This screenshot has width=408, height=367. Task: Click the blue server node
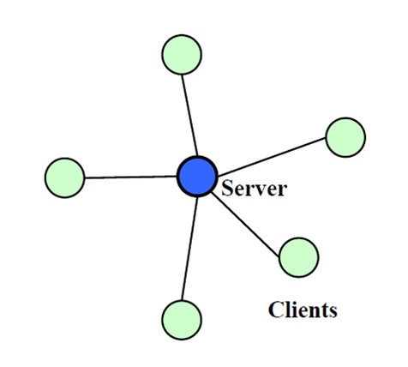pos(197,177)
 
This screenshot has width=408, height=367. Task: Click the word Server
pos(254,188)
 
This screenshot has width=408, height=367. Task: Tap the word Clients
pos(303,310)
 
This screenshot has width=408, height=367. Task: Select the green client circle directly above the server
pos(182,55)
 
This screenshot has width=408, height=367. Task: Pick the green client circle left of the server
pos(65,177)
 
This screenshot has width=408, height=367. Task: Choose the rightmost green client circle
pos(345,137)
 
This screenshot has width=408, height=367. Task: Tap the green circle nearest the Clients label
pos(298,257)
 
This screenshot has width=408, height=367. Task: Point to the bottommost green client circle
pos(182,320)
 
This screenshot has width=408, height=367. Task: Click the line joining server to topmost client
pos(189,116)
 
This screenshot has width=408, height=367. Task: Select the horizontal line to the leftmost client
pos(131,177)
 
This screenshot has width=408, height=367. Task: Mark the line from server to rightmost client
pos(272,157)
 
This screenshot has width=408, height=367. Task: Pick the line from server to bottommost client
pos(189,249)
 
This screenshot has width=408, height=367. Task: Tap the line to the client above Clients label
pos(245,224)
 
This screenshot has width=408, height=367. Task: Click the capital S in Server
pos(227,188)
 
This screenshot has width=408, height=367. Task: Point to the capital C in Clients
pos(275,310)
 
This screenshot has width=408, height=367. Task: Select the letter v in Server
pos(259,190)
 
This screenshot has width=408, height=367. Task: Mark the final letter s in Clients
pos(333,312)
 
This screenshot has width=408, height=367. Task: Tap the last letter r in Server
pos(282,190)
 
